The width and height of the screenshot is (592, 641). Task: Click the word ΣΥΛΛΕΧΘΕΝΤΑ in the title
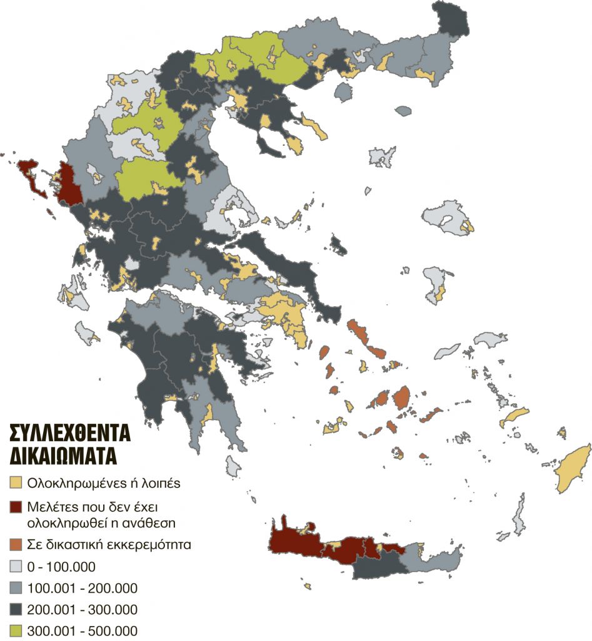coord(69,434)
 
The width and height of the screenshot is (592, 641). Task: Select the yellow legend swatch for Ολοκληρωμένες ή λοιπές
coord(16,482)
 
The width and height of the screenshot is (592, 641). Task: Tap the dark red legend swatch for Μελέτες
coord(16,505)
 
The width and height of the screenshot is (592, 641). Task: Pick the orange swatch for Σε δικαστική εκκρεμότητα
coord(16,544)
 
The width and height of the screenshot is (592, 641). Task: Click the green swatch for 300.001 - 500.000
coord(16,630)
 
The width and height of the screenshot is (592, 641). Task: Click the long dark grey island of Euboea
coord(294,269)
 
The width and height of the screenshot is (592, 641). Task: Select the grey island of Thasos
coord(342,93)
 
